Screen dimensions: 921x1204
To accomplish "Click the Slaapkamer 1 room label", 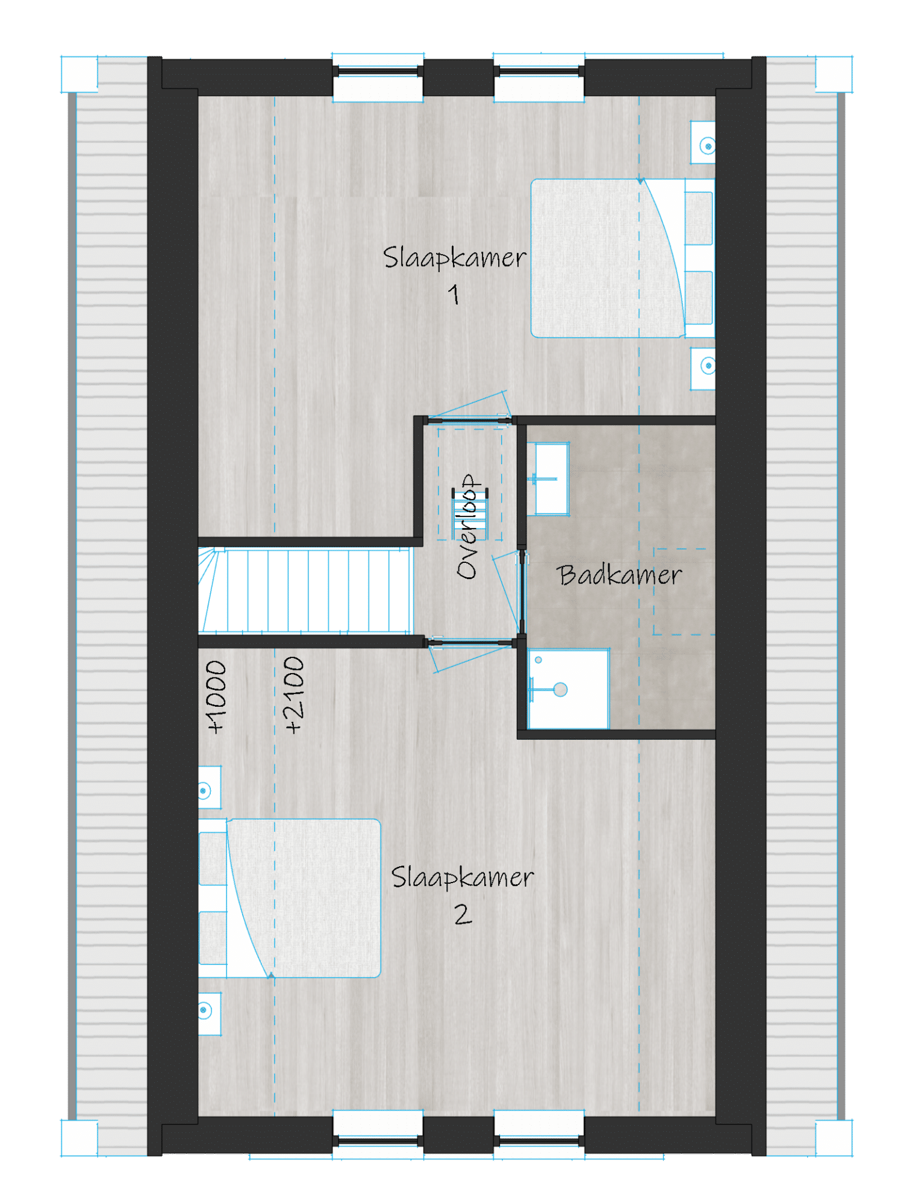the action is tap(455, 275).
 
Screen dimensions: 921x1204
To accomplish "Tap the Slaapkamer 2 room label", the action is tap(463, 895).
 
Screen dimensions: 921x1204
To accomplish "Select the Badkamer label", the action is tap(619, 575).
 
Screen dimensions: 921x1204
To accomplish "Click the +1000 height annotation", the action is tap(216, 697).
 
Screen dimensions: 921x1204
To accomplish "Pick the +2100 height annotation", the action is tap(293, 695).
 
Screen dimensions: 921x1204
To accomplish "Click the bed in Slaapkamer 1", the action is tap(622, 258).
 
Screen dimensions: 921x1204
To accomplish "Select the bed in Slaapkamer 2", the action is tap(290, 898).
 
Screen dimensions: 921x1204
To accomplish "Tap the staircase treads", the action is tap(305, 590).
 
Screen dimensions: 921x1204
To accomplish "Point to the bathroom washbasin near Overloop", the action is tap(548, 479).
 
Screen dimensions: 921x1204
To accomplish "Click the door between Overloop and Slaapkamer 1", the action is tap(469, 409).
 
